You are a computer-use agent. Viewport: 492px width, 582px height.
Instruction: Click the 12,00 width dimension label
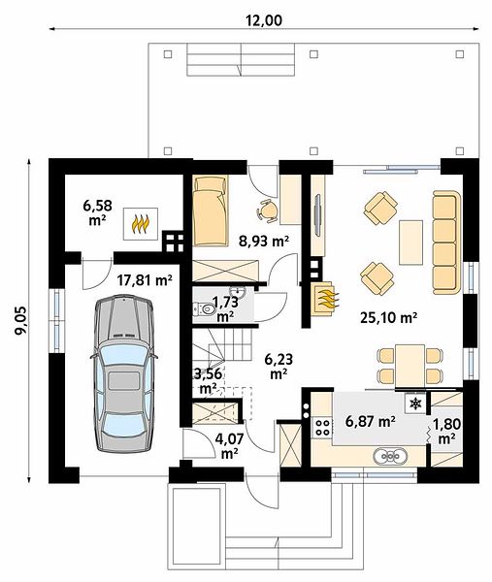tap(263, 20)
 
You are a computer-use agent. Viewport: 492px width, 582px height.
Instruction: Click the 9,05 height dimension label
tap(21, 320)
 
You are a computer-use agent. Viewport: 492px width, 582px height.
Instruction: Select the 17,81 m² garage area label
tap(145, 280)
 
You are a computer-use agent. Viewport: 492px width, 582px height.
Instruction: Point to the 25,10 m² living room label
tap(389, 317)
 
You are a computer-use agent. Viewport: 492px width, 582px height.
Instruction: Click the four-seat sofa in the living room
tap(446, 242)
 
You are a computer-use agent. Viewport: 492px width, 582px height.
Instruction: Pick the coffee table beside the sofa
tap(410, 242)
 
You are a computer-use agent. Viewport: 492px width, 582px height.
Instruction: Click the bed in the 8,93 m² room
tap(211, 210)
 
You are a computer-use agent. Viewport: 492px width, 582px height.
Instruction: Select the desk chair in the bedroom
tap(268, 210)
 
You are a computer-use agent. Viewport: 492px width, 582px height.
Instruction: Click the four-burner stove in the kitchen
tap(321, 427)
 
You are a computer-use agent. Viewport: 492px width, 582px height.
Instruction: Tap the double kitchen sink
tap(390, 455)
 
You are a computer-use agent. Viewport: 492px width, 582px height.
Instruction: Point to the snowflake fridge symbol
tap(414, 404)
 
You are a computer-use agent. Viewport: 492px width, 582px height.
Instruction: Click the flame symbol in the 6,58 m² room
tap(141, 224)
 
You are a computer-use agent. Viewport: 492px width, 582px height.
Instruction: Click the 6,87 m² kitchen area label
tap(370, 421)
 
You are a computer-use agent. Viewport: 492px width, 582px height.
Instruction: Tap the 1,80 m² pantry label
tap(447, 431)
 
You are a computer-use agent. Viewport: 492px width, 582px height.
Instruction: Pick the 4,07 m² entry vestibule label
tap(229, 446)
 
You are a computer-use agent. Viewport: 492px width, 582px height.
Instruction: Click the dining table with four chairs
tap(410, 366)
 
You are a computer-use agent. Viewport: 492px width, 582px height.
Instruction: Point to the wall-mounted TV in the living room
tap(318, 214)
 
